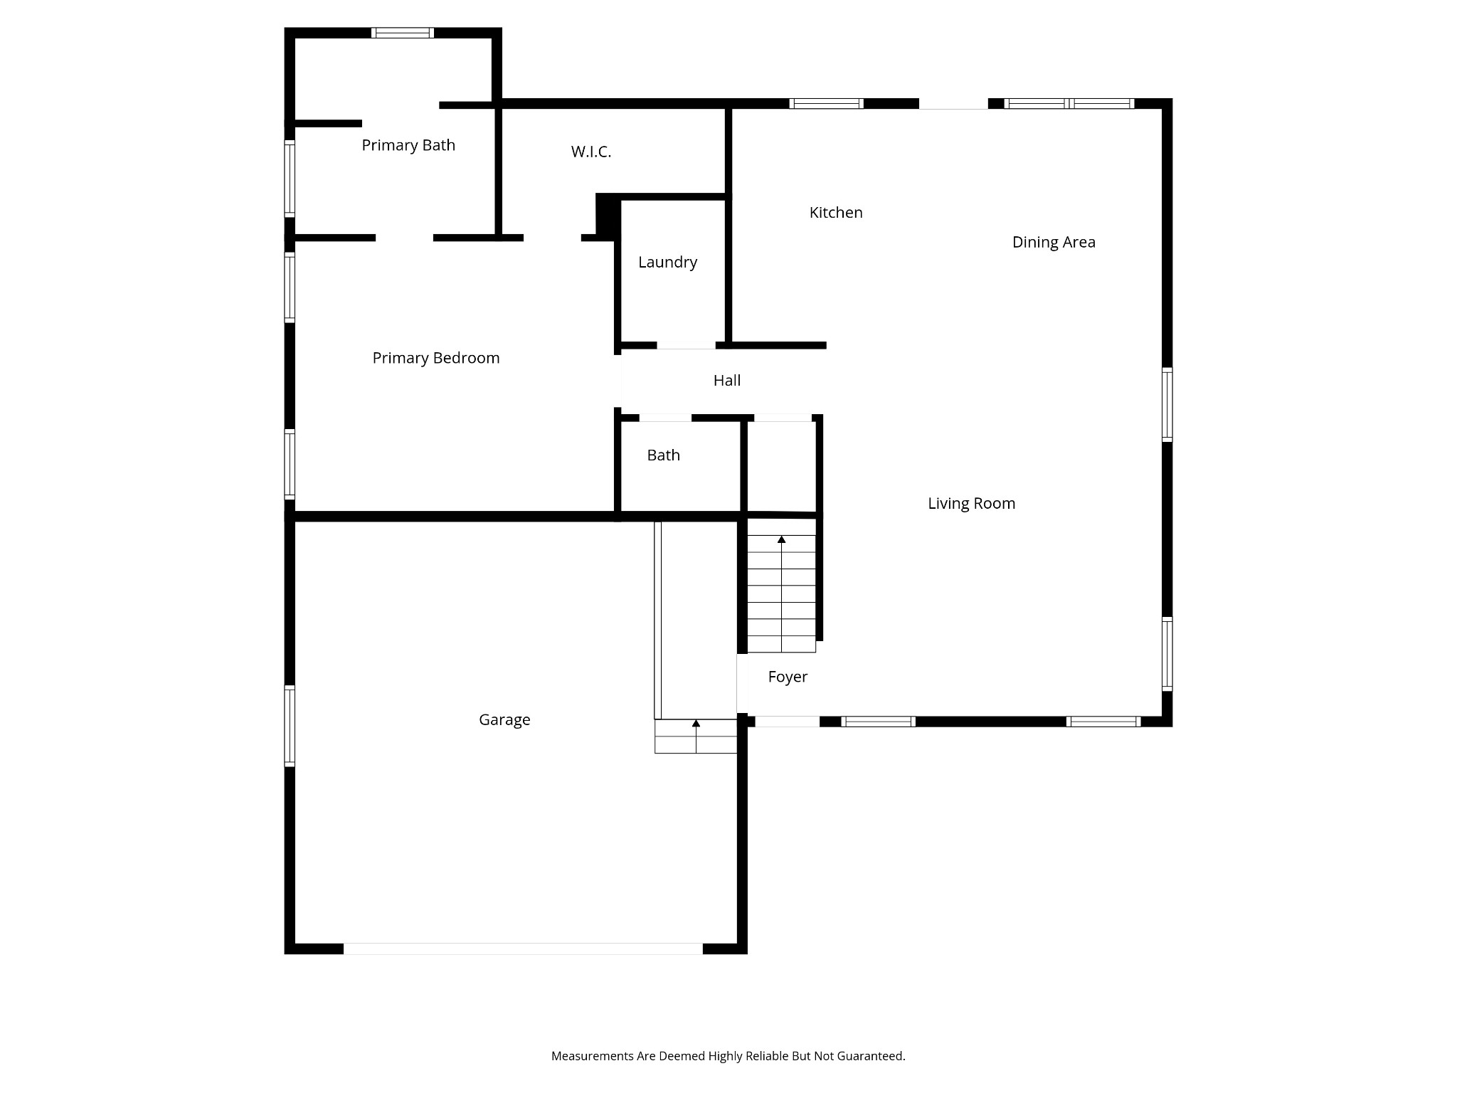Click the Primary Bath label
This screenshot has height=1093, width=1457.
[x=408, y=145]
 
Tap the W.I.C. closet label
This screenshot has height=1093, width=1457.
[x=591, y=152]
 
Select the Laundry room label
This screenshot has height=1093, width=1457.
[x=667, y=262]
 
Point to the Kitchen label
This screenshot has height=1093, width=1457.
[x=836, y=212]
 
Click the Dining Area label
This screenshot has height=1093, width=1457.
[x=1054, y=242]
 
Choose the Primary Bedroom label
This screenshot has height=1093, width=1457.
[x=436, y=358]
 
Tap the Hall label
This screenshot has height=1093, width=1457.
[x=727, y=381]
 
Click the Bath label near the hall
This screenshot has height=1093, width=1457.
[x=663, y=455]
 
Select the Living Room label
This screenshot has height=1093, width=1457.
[x=971, y=504]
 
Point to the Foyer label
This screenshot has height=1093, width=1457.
[x=788, y=677]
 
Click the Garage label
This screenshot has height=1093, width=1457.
[x=504, y=720]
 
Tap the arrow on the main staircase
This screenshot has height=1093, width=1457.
[x=781, y=540]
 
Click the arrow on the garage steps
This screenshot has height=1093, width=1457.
[x=696, y=724]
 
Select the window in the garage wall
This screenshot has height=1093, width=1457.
[x=290, y=726]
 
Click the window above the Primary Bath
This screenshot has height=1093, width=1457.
[x=403, y=33]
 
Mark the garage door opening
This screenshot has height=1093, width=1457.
[x=523, y=949]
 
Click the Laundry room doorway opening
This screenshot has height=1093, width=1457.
[x=686, y=346]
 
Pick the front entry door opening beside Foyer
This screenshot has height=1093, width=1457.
[x=787, y=722]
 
